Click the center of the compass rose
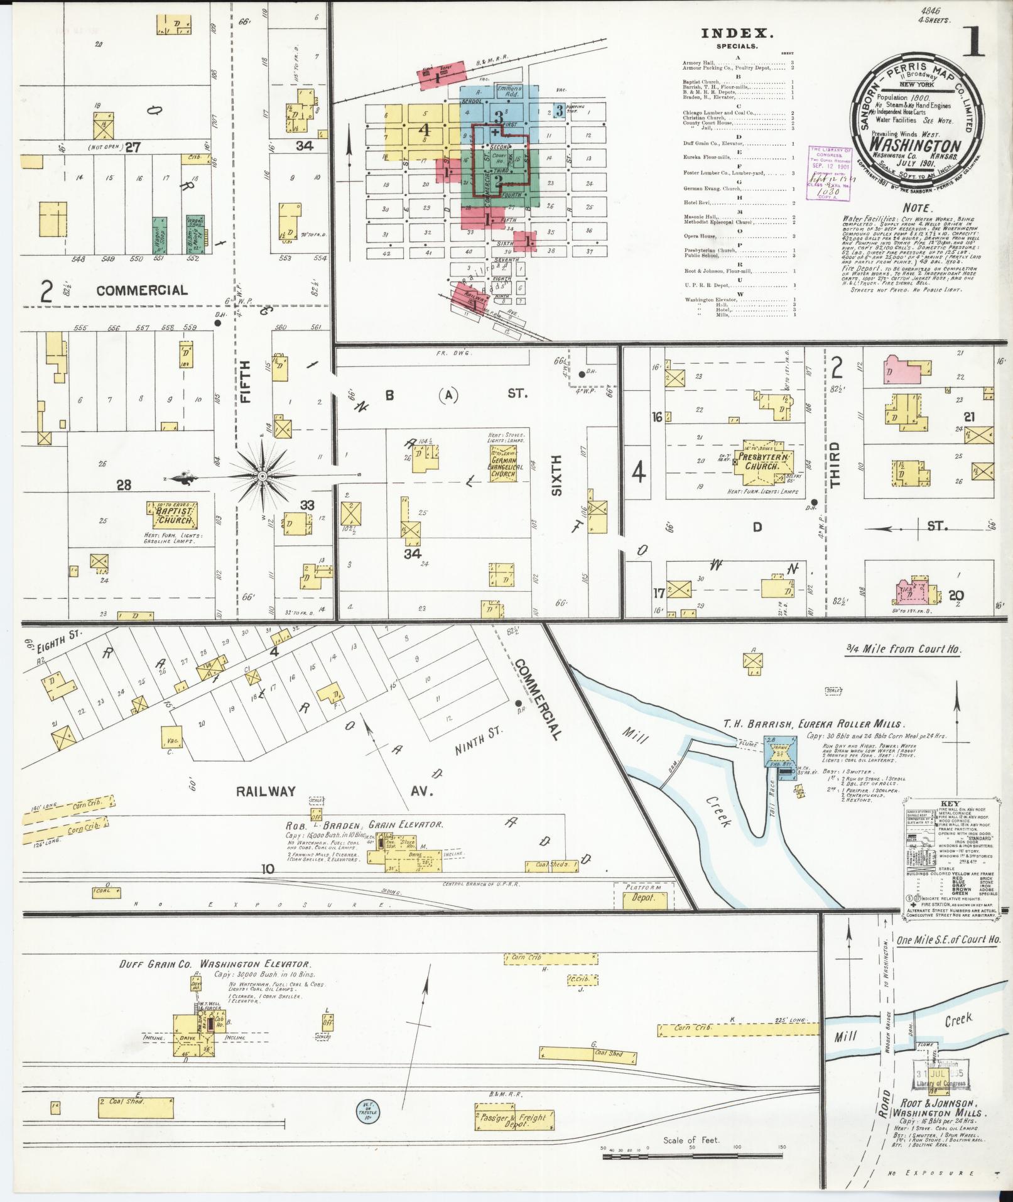point(262,478)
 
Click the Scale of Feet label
point(691,1140)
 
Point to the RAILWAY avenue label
point(266,791)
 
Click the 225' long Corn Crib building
point(738,1029)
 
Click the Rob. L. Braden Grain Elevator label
point(364,825)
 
